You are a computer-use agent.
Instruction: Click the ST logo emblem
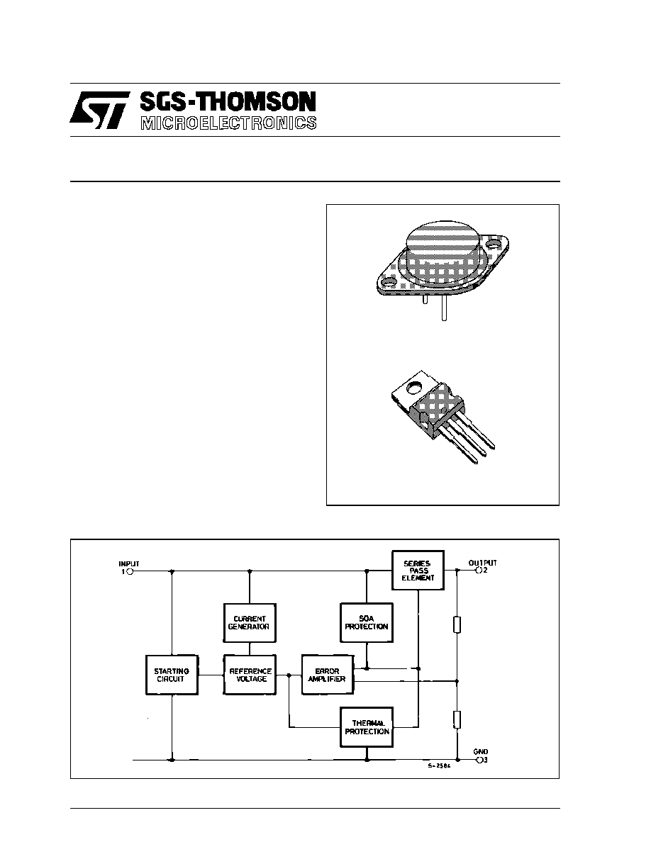click(100, 110)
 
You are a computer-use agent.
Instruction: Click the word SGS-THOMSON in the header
click(228, 102)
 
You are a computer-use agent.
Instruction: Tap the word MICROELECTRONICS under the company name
click(228, 123)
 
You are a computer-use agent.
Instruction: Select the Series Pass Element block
click(418, 571)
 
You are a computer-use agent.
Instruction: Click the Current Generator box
click(250, 622)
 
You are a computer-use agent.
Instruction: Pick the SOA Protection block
click(367, 622)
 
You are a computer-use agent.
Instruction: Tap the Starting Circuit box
click(172, 675)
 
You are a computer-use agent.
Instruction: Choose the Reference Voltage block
click(250, 675)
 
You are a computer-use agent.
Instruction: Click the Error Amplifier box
click(328, 675)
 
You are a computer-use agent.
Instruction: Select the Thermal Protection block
click(367, 727)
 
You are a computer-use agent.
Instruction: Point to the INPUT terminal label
click(129, 564)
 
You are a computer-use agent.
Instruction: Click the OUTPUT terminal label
click(482, 563)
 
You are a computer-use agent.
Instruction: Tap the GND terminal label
click(481, 752)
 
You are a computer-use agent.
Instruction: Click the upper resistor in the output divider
click(457, 625)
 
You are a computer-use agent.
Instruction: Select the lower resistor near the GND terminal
click(457, 719)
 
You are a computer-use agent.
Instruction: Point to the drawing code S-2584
click(440, 765)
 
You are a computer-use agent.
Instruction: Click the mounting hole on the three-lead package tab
click(414, 386)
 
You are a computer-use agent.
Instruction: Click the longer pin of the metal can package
click(444, 309)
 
